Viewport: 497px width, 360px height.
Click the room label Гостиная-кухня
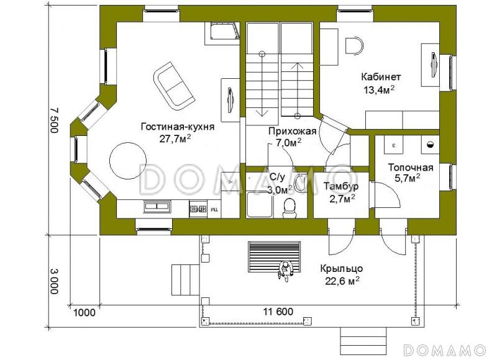[x=178, y=127]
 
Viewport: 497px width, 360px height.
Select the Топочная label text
[x=411, y=168]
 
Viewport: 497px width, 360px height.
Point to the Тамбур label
[x=341, y=186]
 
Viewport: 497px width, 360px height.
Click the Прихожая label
[x=293, y=131]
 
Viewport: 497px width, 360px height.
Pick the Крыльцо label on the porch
[x=341, y=269]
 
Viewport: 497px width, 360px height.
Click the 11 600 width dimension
[x=278, y=312]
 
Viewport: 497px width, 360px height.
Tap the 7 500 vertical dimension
[x=54, y=120]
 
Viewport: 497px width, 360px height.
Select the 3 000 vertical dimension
[x=54, y=281]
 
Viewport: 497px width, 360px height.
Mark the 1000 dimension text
[x=84, y=312]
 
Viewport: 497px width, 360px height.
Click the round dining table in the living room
[x=128, y=161]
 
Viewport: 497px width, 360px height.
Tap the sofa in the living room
[x=174, y=86]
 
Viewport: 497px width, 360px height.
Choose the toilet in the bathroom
[x=290, y=208]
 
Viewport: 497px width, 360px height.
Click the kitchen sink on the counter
[x=157, y=207]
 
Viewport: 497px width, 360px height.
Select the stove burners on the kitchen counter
[x=198, y=209]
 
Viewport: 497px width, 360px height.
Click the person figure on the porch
[x=285, y=271]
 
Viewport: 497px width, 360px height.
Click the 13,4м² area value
[x=379, y=90]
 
